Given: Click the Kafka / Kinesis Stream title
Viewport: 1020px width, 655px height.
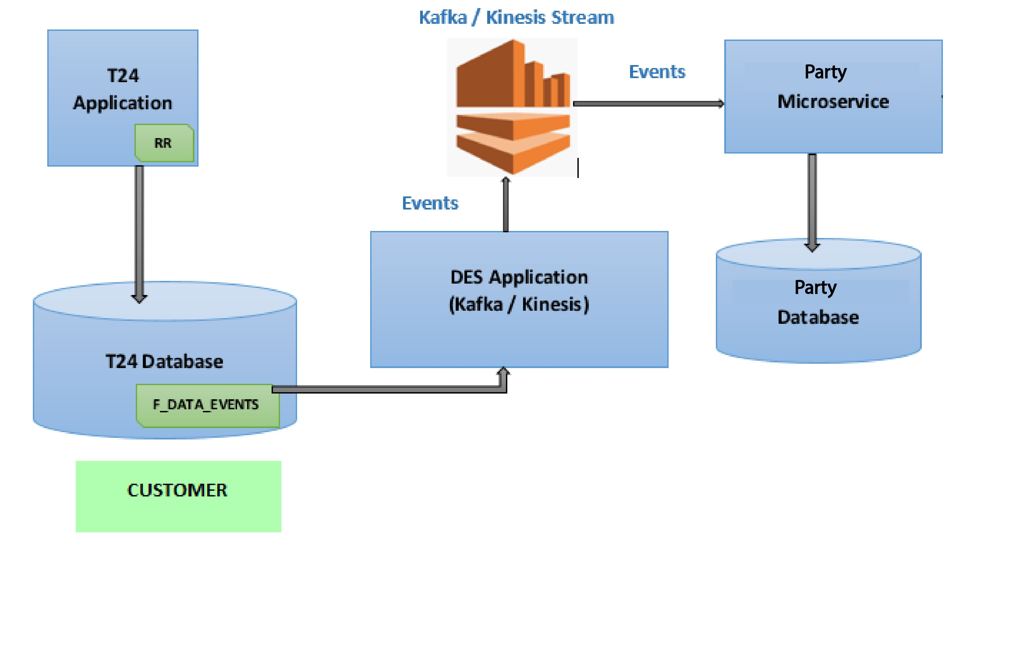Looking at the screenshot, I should tap(516, 18).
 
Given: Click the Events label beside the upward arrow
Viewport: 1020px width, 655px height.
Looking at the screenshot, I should tap(430, 203).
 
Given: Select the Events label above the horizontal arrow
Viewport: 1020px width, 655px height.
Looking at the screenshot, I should tap(657, 72).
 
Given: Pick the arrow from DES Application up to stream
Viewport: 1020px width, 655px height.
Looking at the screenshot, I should tap(505, 205).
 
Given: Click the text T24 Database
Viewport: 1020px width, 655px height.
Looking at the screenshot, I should tap(164, 362).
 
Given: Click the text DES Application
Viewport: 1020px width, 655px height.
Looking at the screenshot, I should tap(519, 277).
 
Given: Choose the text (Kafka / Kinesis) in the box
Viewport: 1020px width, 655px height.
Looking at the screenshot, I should tap(519, 304).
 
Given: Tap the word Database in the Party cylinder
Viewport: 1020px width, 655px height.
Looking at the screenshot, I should tap(817, 318).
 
